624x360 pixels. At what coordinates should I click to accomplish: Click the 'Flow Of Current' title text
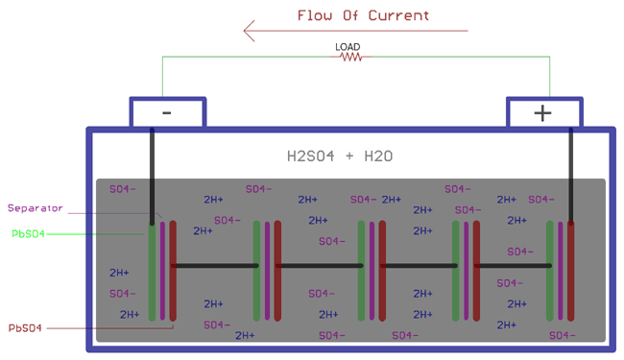pyautogui.click(x=363, y=15)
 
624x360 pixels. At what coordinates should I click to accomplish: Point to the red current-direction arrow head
pyautogui.click(x=250, y=32)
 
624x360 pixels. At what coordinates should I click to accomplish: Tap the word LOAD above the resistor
pyautogui.click(x=348, y=46)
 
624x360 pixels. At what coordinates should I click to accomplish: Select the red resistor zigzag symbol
pyautogui.click(x=350, y=58)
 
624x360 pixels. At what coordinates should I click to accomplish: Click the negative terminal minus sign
pyautogui.click(x=166, y=112)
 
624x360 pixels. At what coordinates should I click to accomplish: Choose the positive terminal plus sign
pyautogui.click(x=542, y=113)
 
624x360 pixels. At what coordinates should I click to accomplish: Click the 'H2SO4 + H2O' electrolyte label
pyautogui.click(x=340, y=156)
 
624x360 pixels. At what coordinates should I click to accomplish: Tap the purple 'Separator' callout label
pyautogui.click(x=35, y=208)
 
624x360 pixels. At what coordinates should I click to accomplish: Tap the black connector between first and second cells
pyautogui.click(x=213, y=265)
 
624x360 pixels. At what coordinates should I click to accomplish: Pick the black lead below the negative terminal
pyautogui.click(x=152, y=173)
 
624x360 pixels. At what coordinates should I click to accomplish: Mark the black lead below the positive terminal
pyautogui.click(x=571, y=173)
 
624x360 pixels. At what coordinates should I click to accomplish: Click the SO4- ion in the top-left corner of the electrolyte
pyautogui.click(x=122, y=189)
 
